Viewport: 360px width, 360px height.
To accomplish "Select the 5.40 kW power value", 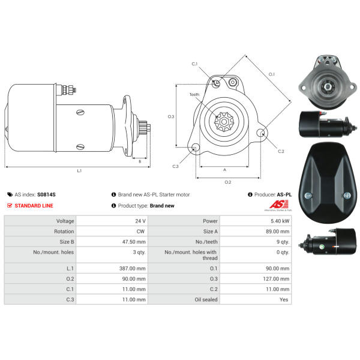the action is coord(280,221).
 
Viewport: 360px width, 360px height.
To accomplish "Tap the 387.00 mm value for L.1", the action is coord(132,268).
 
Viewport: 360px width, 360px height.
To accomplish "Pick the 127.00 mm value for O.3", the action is coord(276,279).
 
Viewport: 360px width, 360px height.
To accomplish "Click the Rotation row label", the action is coord(64,232).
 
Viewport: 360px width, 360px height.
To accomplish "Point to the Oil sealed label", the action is coord(206,299).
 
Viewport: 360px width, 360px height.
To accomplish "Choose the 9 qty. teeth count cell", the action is coord(283,242).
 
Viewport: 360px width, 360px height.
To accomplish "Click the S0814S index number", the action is coord(46,194).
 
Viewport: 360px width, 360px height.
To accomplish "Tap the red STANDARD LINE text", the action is coord(34,206).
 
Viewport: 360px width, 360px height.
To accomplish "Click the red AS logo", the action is coord(279,205).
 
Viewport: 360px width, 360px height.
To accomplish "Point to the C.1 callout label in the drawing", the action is coord(194,64).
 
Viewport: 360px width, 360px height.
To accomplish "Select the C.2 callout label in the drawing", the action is coord(281,151).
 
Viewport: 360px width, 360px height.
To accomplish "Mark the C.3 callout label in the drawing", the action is coord(175,166).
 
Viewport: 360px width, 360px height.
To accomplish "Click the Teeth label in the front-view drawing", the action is coord(194,94).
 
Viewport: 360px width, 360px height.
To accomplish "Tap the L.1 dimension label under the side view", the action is coord(79,171).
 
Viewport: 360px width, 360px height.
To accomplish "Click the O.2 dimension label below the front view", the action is coord(228,182).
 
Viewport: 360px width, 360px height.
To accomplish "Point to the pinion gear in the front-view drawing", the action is coord(224,122).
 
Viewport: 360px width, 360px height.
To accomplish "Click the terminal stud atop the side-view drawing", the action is coord(68,89).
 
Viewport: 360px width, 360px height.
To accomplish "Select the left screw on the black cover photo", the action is coord(308,196).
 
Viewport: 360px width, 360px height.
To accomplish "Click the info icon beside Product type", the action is coord(113,205).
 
